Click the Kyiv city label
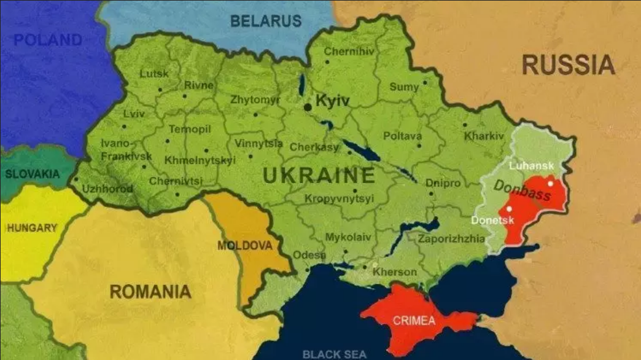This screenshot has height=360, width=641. point(332,101)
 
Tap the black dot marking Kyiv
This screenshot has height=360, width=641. point(308,107)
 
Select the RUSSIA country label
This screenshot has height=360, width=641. point(568,65)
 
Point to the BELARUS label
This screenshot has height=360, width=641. point(266,21)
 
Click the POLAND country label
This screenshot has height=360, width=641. point(48,41)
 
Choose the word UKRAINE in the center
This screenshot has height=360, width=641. point(319,176)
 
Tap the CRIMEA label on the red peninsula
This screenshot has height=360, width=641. point(414,320)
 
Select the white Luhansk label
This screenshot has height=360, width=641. point(531,165)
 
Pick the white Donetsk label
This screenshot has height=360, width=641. point(489,220)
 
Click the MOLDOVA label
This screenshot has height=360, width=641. point(244,246)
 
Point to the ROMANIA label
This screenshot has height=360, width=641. point(150,291)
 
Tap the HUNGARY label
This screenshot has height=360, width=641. point(32,228)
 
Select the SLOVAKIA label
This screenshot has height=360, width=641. point(33,174)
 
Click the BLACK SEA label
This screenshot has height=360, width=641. point(334,354)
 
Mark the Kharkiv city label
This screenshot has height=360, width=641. point(483,136)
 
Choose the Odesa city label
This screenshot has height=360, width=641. point(309,255)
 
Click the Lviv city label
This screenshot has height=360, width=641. point(134,114)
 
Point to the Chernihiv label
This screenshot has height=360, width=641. point(349,52)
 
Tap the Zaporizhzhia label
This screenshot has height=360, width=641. point(451,239)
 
